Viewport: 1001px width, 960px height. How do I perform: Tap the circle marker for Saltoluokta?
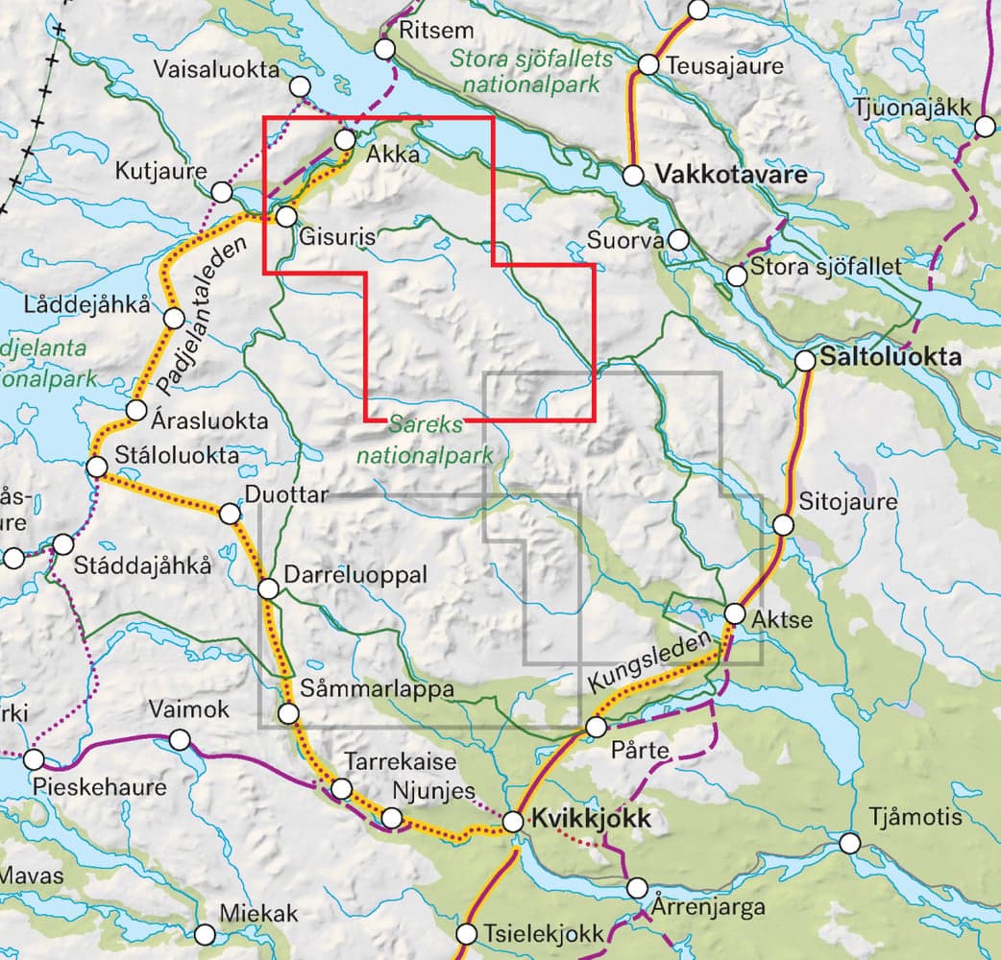click(x=805, y=361)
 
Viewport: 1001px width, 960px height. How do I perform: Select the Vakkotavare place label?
click(x=730, y=176)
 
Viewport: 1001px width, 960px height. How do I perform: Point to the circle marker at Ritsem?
click(x=386, y=49)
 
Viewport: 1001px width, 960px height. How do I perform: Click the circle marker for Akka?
click(x=345, y=140)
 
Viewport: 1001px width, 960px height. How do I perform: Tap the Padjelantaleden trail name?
click(x=201, y=316)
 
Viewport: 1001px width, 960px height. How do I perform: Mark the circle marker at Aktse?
click(x=735, y=612)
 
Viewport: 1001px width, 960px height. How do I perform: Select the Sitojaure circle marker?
click(x=784, y=525)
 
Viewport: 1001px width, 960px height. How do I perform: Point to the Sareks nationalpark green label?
click(x=425, y=438)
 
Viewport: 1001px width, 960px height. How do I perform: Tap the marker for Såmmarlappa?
click(x=288, y=713)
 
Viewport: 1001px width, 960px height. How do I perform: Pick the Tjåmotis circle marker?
click(x=849, y=843)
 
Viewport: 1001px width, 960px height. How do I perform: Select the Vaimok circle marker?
click(x=180, y=739)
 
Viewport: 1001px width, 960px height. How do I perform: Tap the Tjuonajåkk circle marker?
click(x=986, y=127)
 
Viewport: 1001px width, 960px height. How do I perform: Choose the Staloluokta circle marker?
click(x=96, y=468)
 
